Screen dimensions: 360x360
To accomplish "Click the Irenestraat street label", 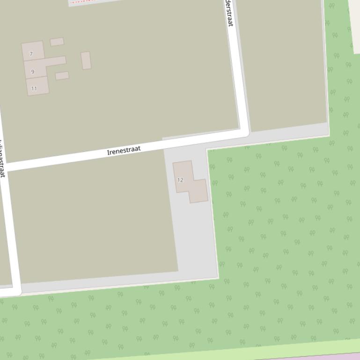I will [124, 150].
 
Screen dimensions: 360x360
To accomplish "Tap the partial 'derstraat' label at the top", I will [229, 14].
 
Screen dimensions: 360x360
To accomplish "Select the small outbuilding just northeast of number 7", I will [57, 42].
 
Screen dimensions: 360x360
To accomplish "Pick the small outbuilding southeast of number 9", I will [62, 76].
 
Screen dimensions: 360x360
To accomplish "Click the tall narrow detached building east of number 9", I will [86, 60].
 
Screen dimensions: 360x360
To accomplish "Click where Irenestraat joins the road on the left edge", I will [5, 166].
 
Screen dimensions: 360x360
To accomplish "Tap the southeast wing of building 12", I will [199, 191].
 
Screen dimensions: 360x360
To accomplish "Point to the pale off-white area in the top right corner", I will [354, 19].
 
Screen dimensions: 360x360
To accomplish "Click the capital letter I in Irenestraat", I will [109, 153].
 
